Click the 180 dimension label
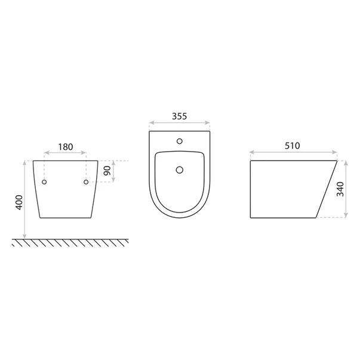coord(66,147)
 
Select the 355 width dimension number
coord(180,116)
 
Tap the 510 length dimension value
coord(293,146)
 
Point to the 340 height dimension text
coord(340,189)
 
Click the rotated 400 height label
coord(19,202)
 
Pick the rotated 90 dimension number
coord(107,171)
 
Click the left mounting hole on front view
coord(44,182)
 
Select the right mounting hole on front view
coord(86,182)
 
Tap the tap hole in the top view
coord(180,141)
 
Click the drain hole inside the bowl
coord(180,170)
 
